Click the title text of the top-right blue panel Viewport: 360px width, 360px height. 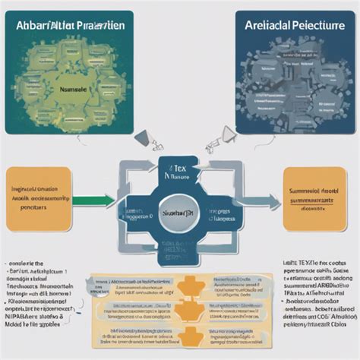[x=290, y=25]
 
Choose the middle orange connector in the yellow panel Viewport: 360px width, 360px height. [x=182, y=311]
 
